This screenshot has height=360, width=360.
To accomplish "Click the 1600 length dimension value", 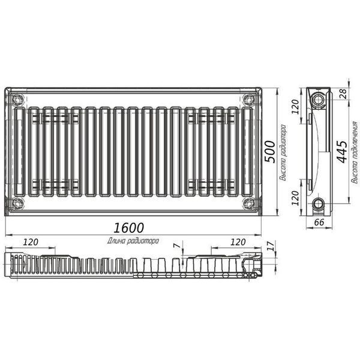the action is (x=128, y=227).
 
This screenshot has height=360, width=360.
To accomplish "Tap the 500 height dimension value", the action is (x=270, y=152).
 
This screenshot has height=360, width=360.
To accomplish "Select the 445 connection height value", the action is (x=343, y=152).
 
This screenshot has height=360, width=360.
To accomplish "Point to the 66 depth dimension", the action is (x=319, y=222).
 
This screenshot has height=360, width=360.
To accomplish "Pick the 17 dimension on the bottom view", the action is (x=271, y=246).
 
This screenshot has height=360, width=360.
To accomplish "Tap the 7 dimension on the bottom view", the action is (x=177, y=245).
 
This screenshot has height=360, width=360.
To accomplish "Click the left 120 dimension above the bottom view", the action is (x=31, y=242).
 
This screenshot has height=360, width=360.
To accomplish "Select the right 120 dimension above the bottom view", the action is (x=238, y=242).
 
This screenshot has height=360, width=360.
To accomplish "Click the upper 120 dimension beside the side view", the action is (x=295, y=107).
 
